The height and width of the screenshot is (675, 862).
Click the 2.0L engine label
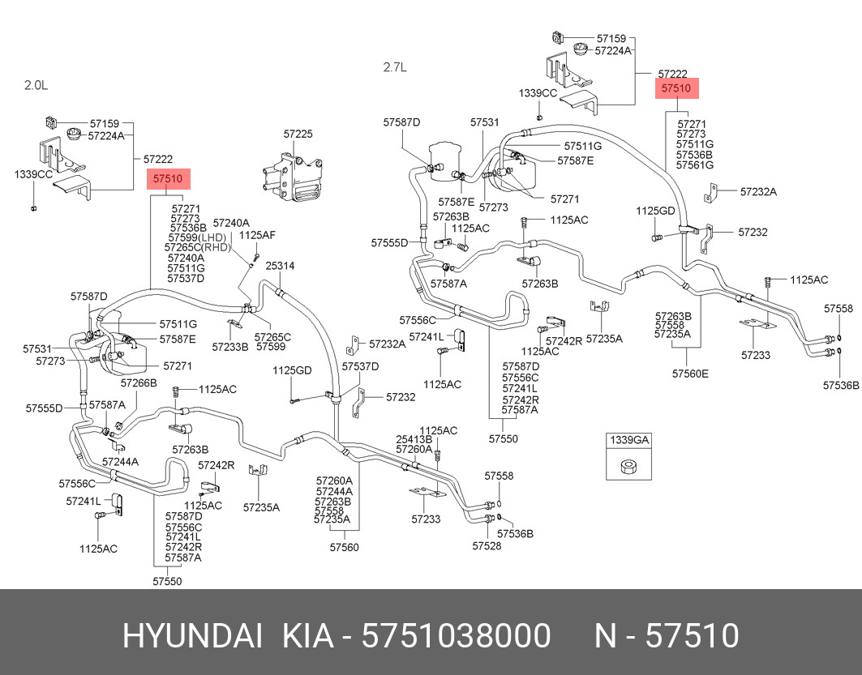36,84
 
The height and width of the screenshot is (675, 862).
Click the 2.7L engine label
395,67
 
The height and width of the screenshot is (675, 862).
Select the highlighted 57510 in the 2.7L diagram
675,88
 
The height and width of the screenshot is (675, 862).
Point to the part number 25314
280,266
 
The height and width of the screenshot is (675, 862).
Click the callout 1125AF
258,235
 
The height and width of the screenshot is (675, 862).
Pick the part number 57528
487,545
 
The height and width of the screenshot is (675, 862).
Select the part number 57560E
690,374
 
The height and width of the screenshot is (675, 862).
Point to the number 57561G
695,164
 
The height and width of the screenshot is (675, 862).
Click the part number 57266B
139,382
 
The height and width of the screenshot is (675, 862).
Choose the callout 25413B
414,439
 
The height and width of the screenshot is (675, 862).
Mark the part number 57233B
230,347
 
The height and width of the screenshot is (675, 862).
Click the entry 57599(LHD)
196,237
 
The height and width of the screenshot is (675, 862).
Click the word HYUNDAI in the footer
192,636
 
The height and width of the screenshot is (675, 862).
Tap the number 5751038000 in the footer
456,636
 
